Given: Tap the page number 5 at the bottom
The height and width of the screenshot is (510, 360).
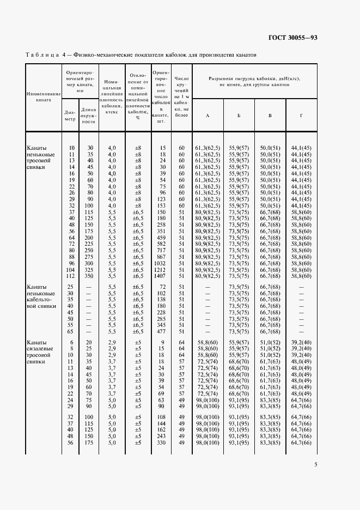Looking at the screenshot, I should (315, 464).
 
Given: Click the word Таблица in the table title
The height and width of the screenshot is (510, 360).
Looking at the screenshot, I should (42, 55).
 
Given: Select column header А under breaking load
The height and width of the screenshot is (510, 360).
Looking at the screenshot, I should (208, 116).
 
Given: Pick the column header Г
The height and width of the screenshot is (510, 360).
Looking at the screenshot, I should (301, 116).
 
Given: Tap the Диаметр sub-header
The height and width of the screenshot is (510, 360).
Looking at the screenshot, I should (71, 116).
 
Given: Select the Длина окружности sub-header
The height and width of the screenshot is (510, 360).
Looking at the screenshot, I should (88, 117).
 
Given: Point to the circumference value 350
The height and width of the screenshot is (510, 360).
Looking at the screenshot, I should (88, 276).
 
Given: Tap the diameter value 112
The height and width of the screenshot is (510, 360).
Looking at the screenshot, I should (70, 276).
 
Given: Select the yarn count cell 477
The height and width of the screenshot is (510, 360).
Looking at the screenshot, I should (161, 331).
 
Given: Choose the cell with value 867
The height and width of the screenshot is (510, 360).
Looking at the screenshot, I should (161, 257).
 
